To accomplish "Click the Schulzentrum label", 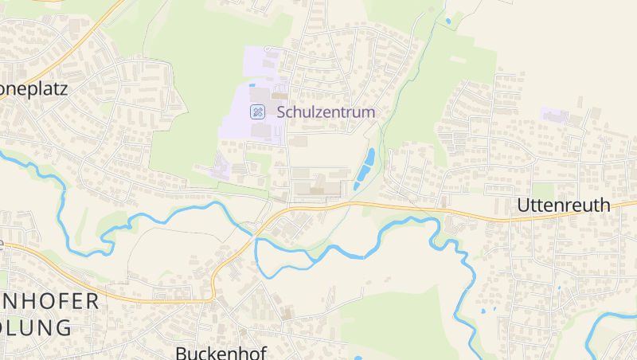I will tap(326, 112).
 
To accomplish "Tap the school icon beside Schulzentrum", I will tap(257, 112).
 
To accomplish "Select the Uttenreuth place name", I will tap(564, 205).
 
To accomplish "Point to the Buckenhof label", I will tap(221, 351).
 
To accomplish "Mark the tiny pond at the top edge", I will tap(448, 21).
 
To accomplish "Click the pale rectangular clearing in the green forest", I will tap(458, 59).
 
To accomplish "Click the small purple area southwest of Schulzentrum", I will tap(220, 167).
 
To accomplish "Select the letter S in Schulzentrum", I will tap(281, 112).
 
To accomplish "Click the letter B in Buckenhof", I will tap(180, 351).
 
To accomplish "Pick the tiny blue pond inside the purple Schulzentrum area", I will tap(252, 85).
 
